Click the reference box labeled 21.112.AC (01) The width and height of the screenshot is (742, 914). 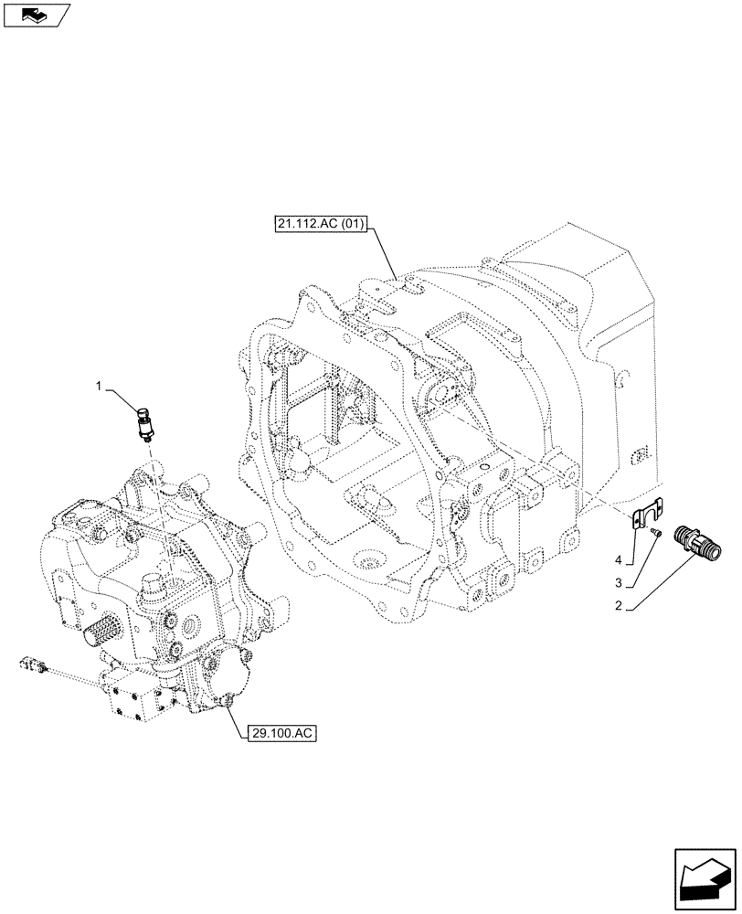(319, 224)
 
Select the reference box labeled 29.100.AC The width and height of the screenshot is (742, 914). (281, 734)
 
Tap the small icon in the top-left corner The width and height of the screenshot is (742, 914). (37, 16)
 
